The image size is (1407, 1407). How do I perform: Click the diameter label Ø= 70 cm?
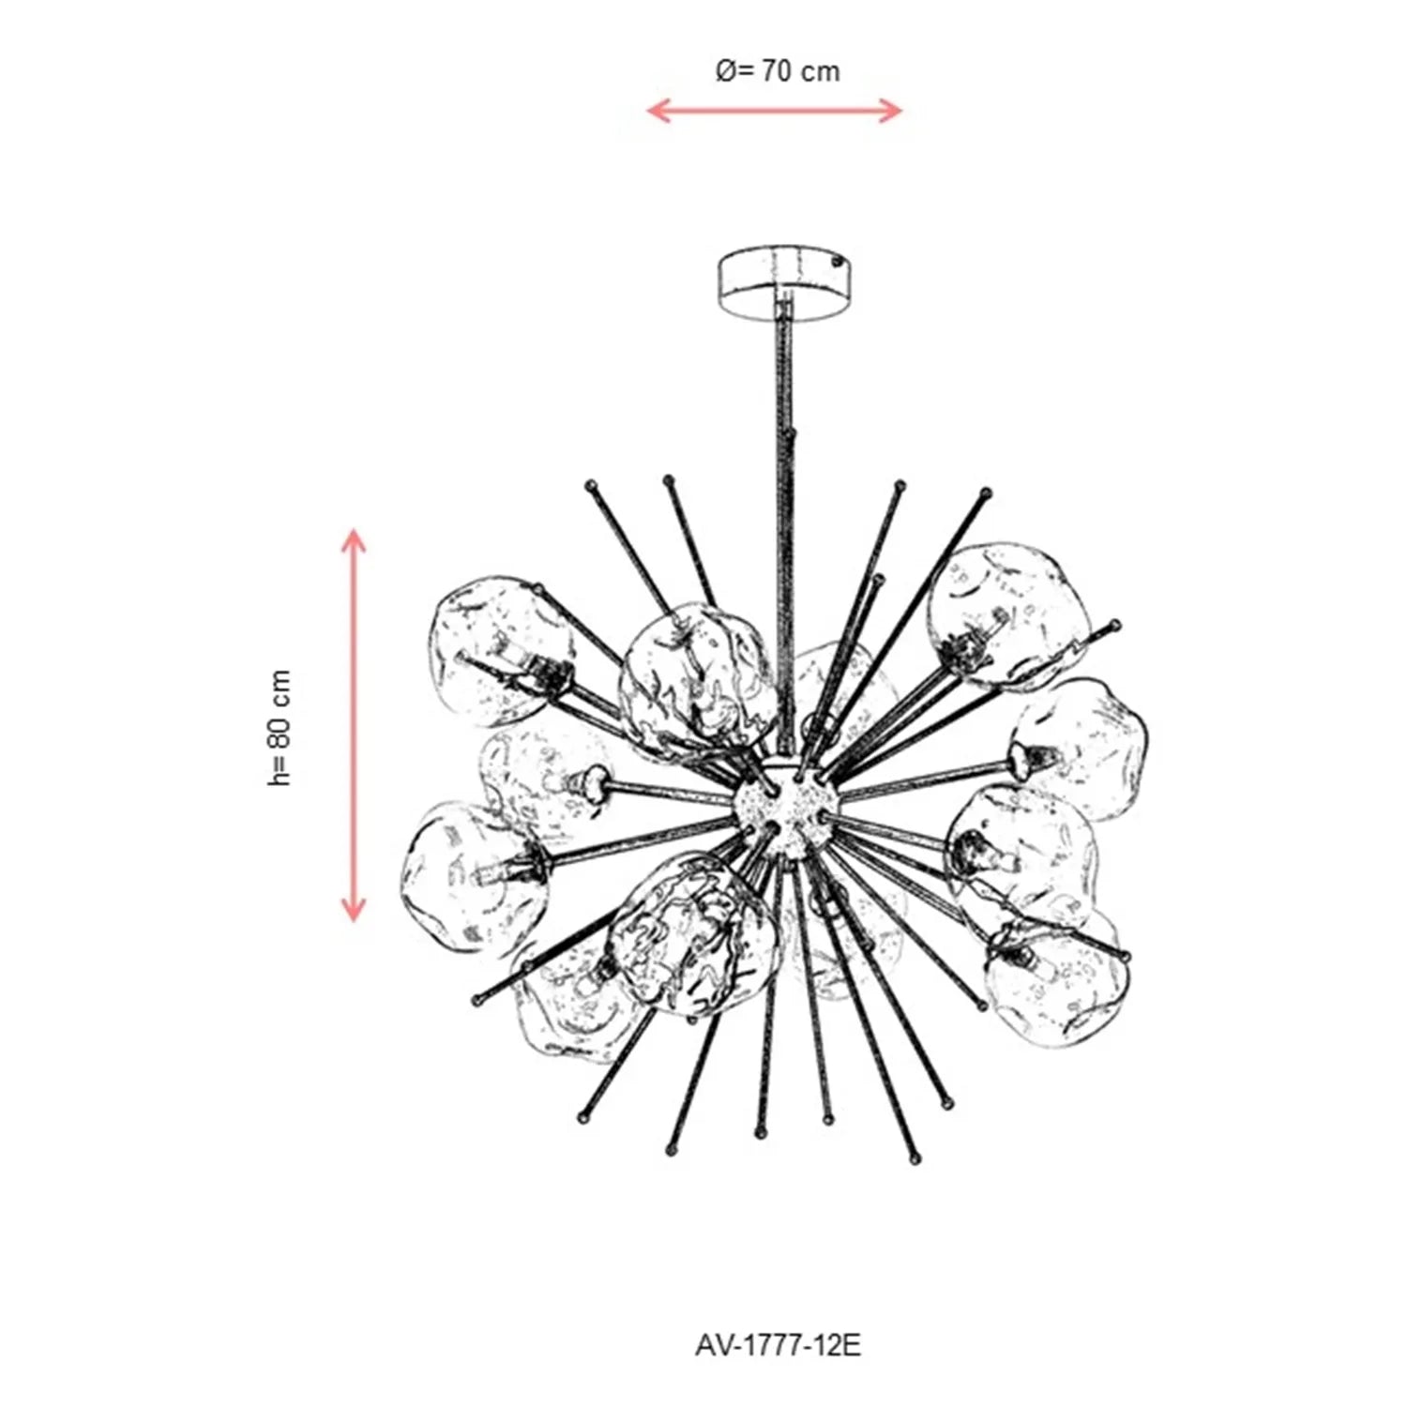click(778, 71)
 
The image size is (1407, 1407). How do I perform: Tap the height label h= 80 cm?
click(280, 728)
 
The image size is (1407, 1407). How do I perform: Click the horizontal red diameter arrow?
click(775, 111)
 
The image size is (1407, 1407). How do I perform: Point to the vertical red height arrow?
click(353, 725)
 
